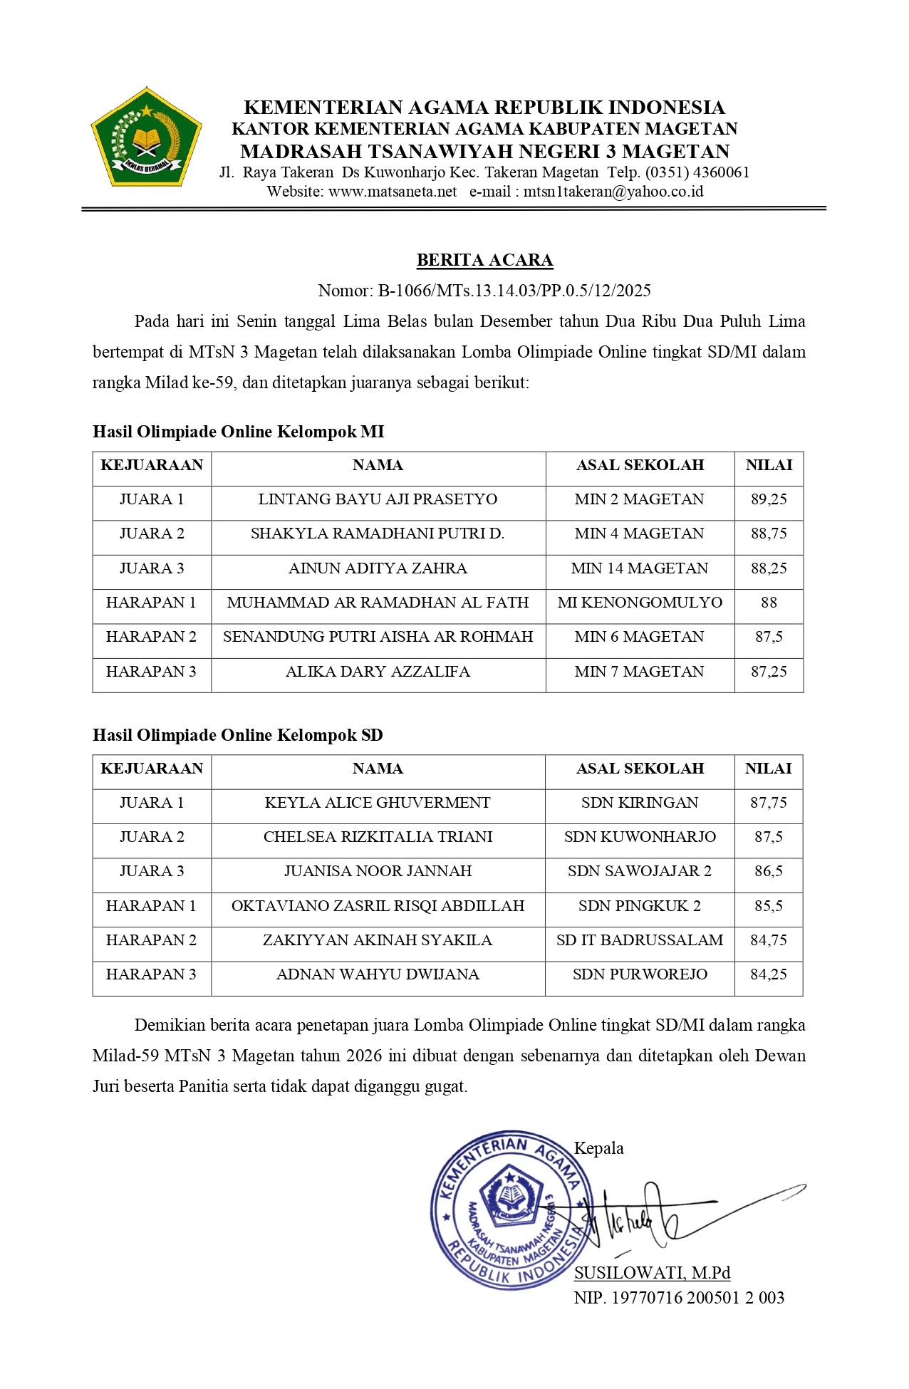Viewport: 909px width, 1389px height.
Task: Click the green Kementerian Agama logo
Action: pos(146,137)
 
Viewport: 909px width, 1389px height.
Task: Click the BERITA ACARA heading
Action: pos(484,260)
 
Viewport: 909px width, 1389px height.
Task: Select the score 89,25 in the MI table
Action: pos(769,499)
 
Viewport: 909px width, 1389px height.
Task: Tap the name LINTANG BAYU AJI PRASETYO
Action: pos(378,499)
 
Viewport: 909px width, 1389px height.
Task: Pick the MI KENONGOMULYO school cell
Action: pos(640,603)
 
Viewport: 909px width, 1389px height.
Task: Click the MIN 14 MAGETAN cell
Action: pos(640,568)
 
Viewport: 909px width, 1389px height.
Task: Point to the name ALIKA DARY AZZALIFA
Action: pos(378,672)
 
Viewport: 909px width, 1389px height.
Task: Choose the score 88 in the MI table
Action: pos(769,603)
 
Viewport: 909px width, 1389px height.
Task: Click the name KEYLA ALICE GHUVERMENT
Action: pos(378,803)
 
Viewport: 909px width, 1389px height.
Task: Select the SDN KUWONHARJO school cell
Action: pos(640,837)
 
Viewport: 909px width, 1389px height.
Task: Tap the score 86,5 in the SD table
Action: pos(769,871)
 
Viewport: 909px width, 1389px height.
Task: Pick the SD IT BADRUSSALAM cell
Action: pos(640,940)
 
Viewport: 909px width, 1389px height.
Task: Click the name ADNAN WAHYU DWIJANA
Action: pos(378,974)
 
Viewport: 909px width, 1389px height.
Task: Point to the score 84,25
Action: pos(769,974)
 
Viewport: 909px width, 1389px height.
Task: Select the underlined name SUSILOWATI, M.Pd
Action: pos(652,1273)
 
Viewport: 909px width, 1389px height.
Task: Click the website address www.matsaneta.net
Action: pos(393,192)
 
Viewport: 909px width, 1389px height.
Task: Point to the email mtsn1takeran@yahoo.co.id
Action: pos(613,192)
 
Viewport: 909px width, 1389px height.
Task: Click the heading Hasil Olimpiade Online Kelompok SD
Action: pos(238,735)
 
